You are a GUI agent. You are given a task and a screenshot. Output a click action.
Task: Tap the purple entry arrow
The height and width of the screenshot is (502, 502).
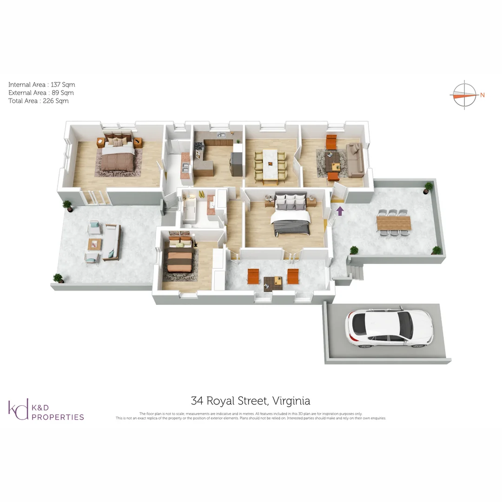(x=340, y=211)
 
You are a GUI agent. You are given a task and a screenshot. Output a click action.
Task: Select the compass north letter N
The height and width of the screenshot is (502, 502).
(x=482, y=95)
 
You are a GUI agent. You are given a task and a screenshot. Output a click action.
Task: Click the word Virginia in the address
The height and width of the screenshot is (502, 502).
(x=291, y=401)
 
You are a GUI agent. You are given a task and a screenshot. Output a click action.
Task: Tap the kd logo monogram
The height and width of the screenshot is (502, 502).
(x=18, y=410)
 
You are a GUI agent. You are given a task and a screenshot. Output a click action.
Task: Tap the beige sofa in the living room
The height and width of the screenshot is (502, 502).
(x=355, y=159)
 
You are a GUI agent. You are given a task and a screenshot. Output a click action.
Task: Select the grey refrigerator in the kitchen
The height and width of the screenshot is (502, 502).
(x=237, y=160)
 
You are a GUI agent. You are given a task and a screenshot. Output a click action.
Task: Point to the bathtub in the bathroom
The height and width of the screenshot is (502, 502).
(x=189, y=211)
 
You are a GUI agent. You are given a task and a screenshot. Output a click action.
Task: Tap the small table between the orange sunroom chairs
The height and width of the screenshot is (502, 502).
(x=272, y=282)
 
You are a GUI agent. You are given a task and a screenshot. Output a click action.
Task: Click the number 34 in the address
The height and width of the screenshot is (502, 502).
(x=197, y=401)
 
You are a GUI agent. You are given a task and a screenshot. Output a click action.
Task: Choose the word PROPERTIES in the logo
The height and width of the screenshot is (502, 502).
(x=58, y=417)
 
